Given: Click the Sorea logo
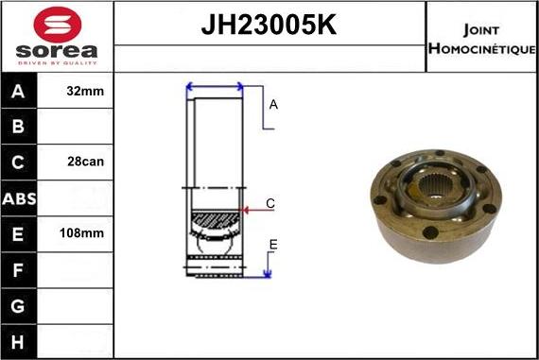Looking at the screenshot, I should coord(57,37).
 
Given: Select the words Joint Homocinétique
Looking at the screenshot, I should coord(481,38).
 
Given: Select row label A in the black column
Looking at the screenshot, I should coord(19,92).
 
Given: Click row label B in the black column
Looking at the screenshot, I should coord(19,127).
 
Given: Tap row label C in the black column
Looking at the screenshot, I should coord(19,162).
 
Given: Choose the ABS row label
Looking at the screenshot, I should coord(19,197).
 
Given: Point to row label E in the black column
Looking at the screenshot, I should coord(19,232).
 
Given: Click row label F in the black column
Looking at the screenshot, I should coord(19,268).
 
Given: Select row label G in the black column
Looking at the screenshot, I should coord(19,304).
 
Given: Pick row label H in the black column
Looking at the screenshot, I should coord(19,339).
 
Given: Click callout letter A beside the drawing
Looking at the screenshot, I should coord(273,105).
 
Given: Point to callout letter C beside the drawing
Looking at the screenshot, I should coord(269,203).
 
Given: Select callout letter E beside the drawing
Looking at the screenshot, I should coord(272,246).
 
